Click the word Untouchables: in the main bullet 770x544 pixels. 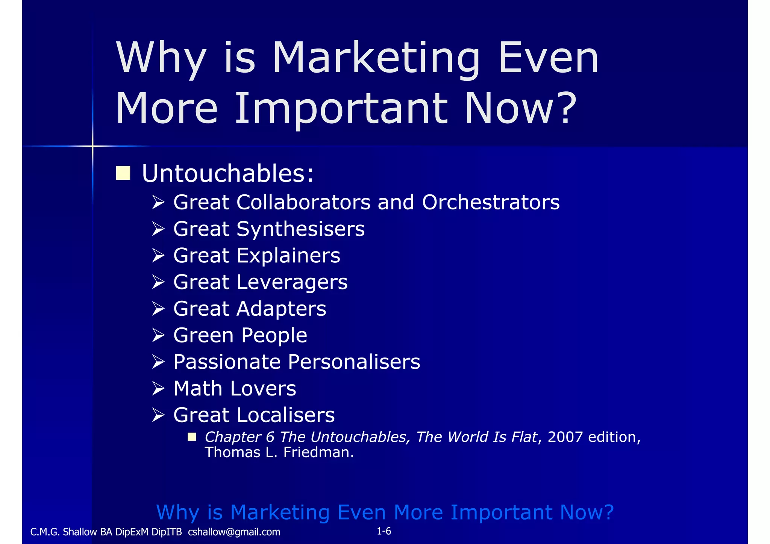tap(227, 174)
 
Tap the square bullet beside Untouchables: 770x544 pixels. tap(123, 173)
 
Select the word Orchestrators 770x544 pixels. tap(491, 202)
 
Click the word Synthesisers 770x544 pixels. tap(300, 229)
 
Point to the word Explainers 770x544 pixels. tap(288, 256)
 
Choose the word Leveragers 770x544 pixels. tap(292, 282)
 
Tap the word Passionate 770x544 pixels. tap(227, 362)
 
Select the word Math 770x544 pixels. tap(198, 388)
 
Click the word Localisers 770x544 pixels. tap(285, 415)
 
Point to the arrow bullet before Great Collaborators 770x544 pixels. tap(158, 202)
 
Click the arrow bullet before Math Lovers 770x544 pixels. tap(158, 388)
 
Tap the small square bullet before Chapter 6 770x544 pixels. tap(192, 436)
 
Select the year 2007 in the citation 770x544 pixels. tap(565, 437)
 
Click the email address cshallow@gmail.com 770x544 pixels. tap(234, 532)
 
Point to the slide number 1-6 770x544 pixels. tap(384, 531)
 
